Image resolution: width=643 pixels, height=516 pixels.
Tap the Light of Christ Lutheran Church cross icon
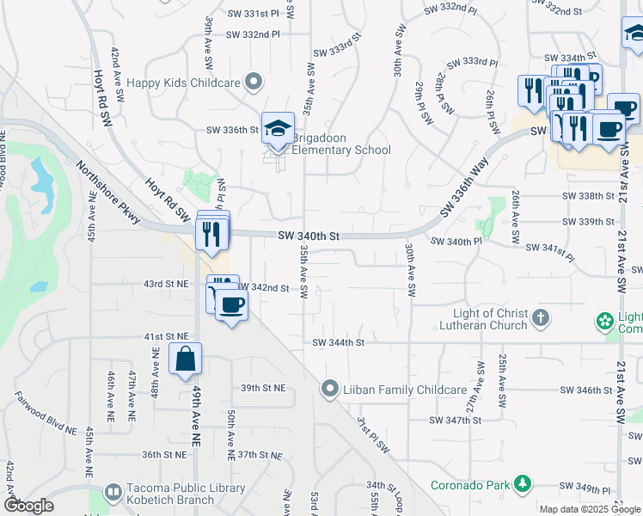(x=541, y=319)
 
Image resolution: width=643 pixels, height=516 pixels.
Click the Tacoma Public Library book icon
(x=113, y=493)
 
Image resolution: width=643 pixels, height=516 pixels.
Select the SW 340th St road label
(x=309, y=236)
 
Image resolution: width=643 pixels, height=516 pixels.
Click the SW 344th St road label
(x=339, y=342)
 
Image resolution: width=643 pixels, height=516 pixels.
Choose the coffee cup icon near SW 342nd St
(x=230, y=304)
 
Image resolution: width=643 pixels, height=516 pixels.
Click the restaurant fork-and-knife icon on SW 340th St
(x=211, y=233)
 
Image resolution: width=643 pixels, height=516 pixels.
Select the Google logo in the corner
(x=28, y=506)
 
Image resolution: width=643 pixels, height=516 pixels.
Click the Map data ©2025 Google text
(x=589, y=509)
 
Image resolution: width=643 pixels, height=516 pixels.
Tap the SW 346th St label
(x=585, y=390)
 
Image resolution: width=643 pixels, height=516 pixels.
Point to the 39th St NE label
(x=262, y=388)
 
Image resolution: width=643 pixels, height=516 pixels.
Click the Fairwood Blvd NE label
(x=42, y=411)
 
